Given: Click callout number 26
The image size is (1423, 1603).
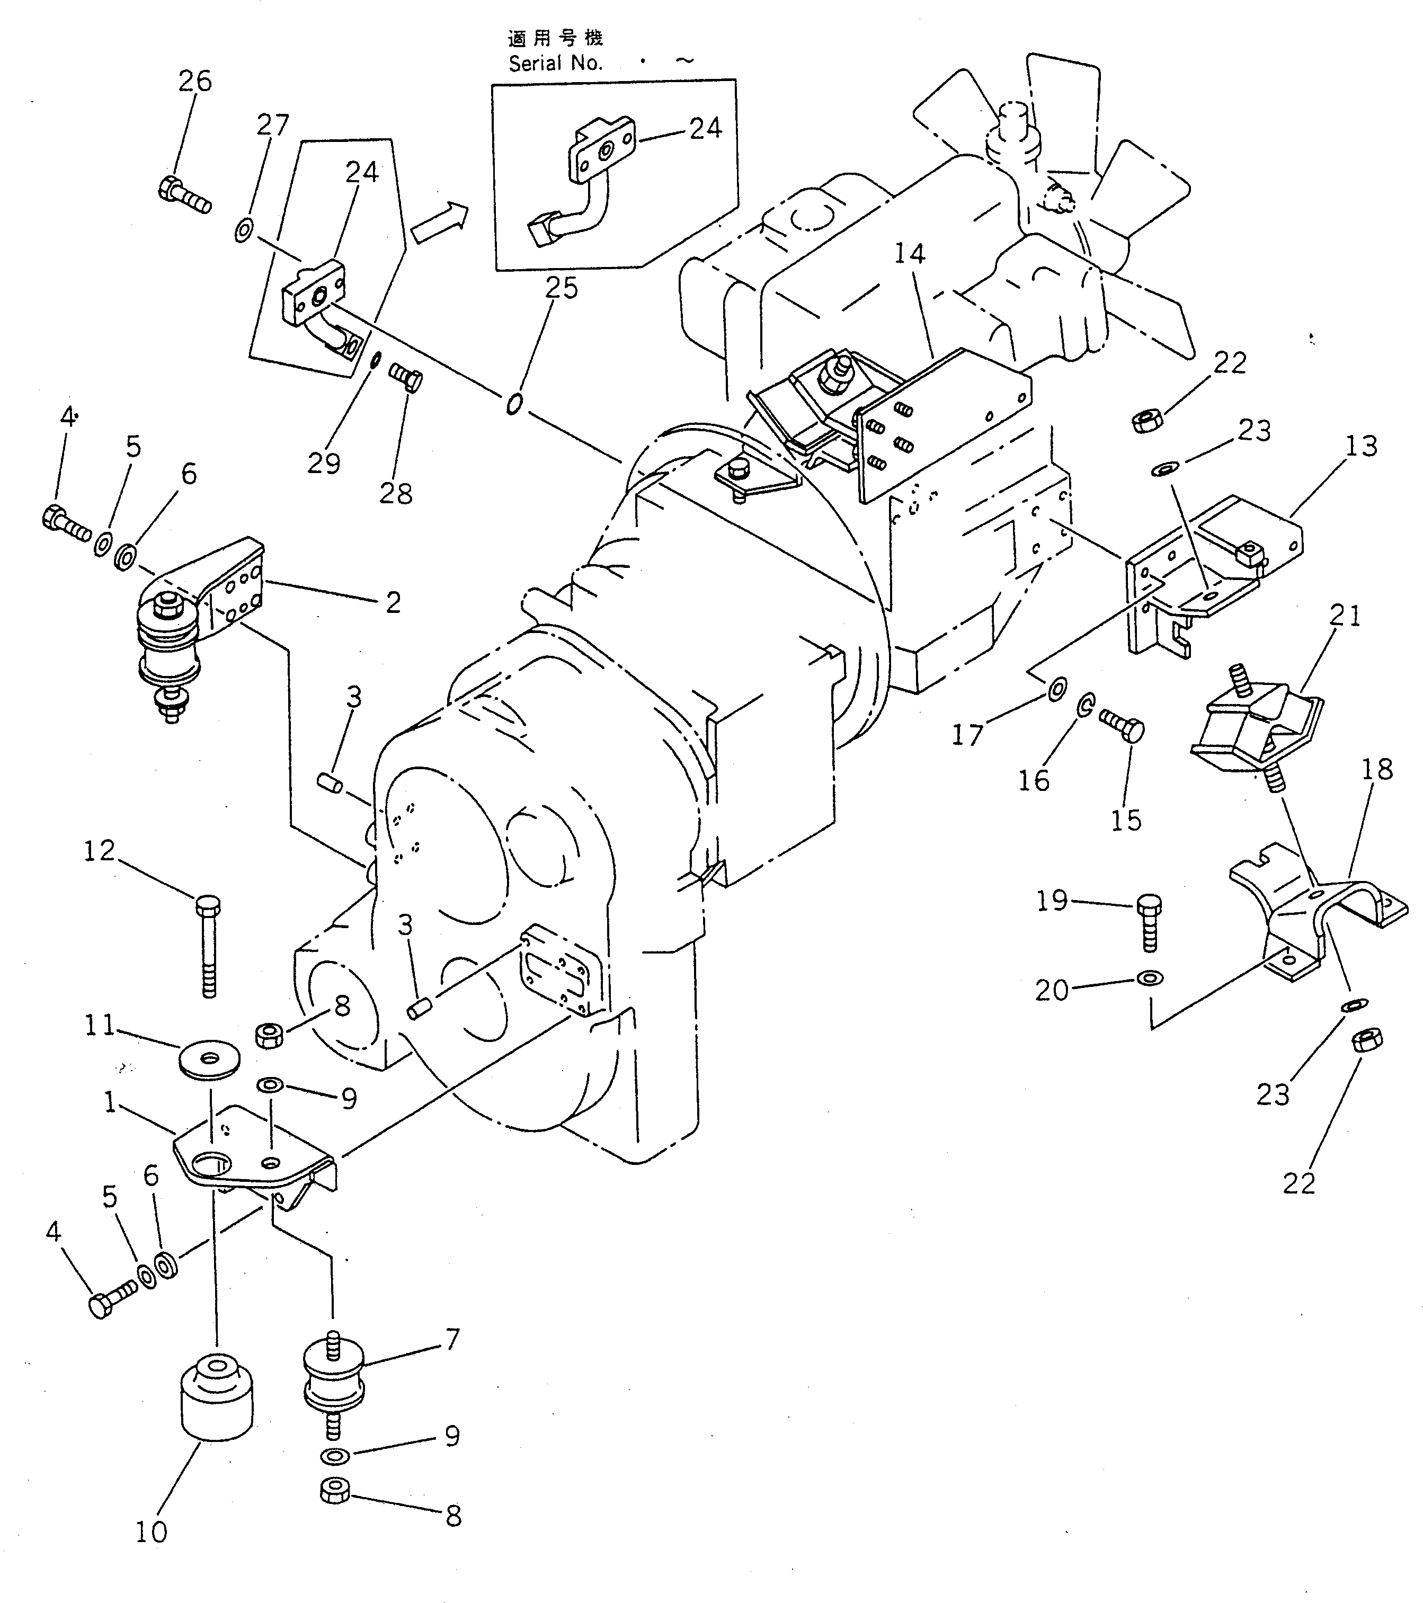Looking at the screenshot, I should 194,81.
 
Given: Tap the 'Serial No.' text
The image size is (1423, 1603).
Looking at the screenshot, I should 555,64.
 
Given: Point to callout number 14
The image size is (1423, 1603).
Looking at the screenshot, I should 909,253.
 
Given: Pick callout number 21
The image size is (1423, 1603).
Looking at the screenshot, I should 1345,616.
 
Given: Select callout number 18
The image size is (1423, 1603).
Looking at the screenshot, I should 1377,769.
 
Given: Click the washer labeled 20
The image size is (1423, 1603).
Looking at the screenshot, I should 1149,979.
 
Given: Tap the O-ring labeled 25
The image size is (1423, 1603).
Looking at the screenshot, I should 513,404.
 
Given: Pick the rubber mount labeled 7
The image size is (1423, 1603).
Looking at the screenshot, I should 333,1386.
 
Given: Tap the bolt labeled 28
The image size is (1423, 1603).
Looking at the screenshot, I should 406,378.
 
